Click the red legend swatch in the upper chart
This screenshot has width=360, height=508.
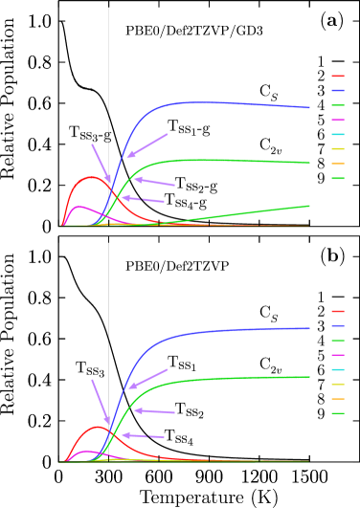[x=338, y=76]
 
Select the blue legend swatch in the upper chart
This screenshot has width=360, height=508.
[x=338, y=90]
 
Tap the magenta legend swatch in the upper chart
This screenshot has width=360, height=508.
[x=338, y=120]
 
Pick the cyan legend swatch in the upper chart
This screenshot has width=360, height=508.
[x=338, y=135]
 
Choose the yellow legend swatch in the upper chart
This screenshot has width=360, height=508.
[x=338, y=149]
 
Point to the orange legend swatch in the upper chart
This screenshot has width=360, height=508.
[x=338, y=164]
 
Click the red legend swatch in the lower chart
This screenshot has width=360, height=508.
[x=338, y=311]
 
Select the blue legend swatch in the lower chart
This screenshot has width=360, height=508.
[x=338, y=325]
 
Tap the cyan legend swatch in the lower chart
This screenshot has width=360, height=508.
[x=338, y=369]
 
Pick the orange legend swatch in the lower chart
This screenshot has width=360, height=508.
[x=338, y=399]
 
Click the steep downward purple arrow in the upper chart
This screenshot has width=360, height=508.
[x=101, y=164]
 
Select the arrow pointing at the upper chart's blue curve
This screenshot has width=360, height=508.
[x=147, y=145]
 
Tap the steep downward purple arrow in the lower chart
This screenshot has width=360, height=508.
[x=101, y=400]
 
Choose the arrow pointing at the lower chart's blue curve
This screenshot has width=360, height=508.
[x=148, y=379]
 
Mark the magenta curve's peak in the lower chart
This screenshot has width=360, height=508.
[x=87, y=451]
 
